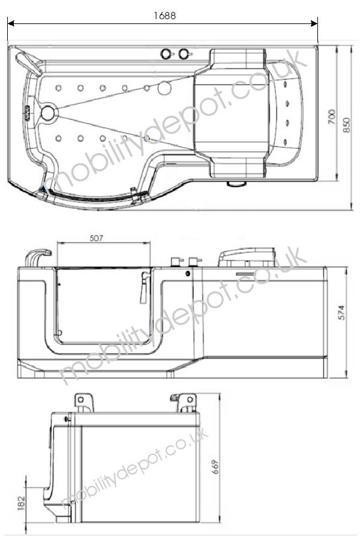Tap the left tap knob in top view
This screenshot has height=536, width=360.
coord(166,54)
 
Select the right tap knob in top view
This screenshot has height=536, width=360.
coord(184,54)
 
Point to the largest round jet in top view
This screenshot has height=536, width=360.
coord(163,90)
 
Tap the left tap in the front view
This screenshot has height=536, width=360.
coord(174,262)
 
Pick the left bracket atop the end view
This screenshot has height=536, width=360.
coord(83,400)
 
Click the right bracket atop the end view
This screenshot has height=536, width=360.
coord(185,401)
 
